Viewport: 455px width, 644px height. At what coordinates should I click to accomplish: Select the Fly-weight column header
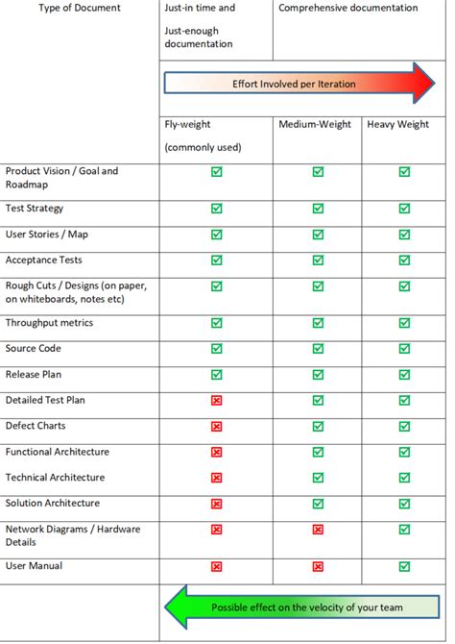pos(187,124)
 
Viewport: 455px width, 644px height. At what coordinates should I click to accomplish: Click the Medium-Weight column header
pos(315,124)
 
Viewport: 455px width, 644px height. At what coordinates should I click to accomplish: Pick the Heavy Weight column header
pos(397,124)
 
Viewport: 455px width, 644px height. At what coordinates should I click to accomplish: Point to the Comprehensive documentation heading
pos(347,8)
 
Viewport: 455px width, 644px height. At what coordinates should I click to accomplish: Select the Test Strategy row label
pos(35,208)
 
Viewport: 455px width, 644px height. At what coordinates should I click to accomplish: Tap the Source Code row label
pos(33,348)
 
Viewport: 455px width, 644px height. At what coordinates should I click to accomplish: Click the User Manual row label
pos(34,566)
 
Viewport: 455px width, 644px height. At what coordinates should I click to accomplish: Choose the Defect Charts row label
pos(36,426)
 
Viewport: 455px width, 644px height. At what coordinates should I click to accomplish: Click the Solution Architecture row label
pos(52,504)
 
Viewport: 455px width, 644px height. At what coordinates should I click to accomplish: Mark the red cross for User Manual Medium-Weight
pos(318,567)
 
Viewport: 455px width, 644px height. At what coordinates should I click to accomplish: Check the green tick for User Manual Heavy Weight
pos(404,567)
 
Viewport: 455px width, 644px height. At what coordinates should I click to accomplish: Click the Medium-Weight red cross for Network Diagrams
pos(318,530)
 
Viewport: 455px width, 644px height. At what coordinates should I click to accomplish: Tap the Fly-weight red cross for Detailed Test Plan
pos(216,400)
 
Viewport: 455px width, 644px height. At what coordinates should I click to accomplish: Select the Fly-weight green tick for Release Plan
pos(216,374)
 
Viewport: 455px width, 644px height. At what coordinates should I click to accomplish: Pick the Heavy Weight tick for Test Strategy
pos(404,208)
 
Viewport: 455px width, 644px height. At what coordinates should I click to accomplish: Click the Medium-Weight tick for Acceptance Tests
pos(318,260)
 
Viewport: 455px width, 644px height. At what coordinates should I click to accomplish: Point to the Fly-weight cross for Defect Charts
pos(216,426)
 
